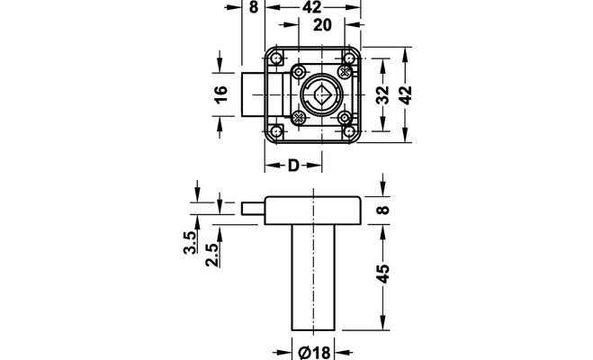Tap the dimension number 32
point(385,95)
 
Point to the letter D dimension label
point(293,166)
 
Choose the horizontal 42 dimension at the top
point(311,8)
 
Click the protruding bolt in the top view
point(253,94)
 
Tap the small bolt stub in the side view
point(254,208)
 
